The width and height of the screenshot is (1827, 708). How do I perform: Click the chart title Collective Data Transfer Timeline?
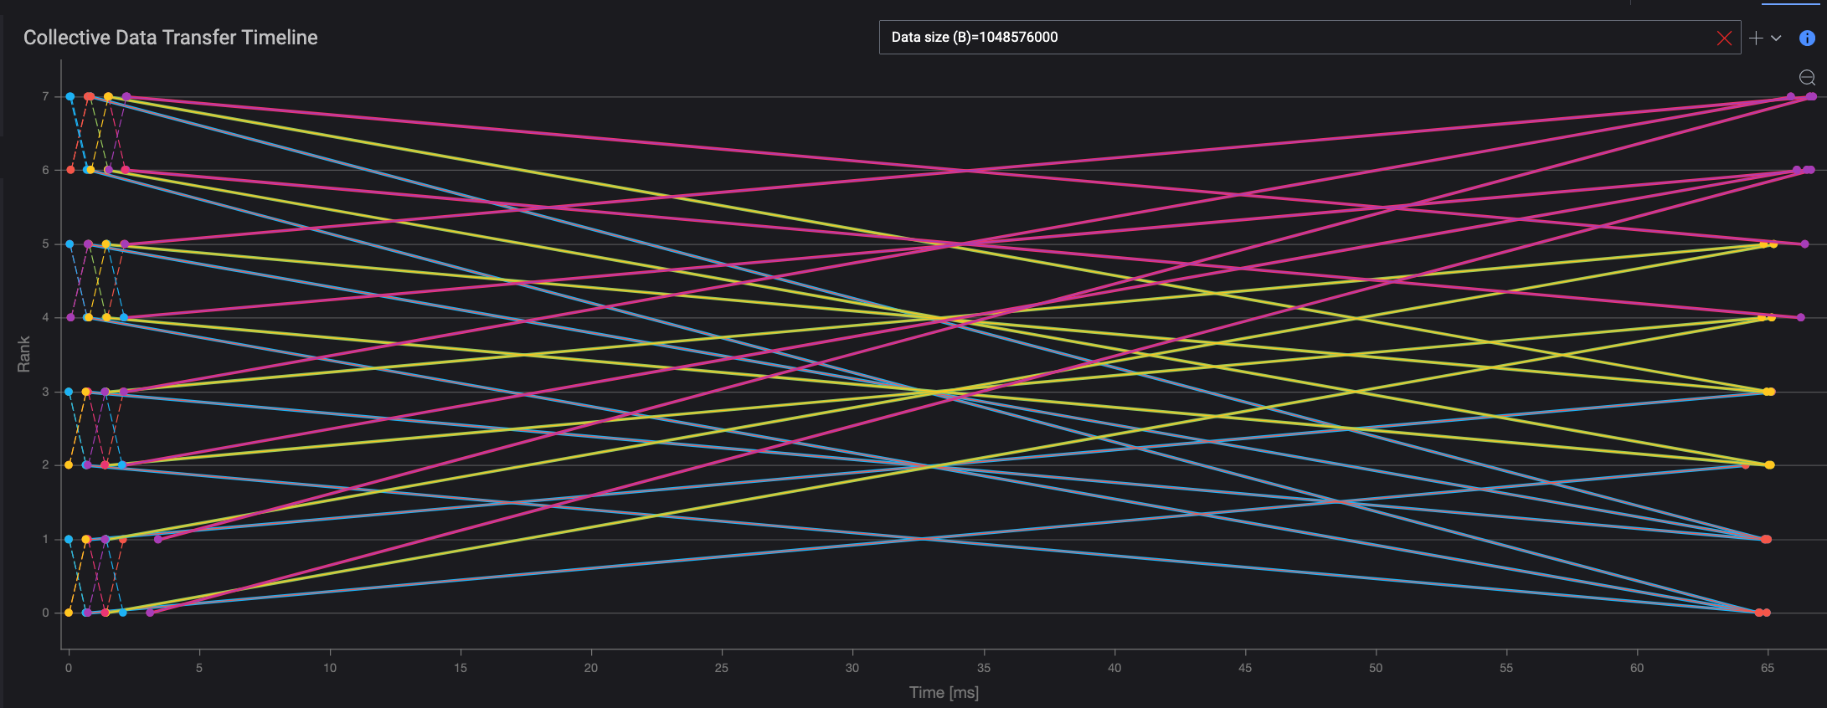170,38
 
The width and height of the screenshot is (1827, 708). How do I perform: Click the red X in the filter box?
1724,38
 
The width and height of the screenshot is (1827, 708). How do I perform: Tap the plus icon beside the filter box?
1756,38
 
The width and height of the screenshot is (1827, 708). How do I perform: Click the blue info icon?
1807,38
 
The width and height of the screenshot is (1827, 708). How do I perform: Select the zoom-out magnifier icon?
1807,78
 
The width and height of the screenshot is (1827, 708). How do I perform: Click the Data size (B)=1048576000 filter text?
974,38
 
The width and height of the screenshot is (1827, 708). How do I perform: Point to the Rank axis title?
23,354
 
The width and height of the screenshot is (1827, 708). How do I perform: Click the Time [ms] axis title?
944,693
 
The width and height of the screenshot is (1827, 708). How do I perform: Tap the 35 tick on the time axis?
983,668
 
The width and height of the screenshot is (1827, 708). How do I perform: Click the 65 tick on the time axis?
1767,668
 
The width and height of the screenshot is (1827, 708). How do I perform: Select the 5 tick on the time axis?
199,668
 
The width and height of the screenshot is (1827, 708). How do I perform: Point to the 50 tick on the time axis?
1375,668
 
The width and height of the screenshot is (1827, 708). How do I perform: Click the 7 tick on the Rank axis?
46,97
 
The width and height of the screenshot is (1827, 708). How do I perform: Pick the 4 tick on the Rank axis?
46,318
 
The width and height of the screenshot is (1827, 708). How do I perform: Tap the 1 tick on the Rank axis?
46,540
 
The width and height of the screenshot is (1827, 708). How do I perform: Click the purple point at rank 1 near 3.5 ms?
158,539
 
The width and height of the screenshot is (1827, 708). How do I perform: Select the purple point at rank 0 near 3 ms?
150,613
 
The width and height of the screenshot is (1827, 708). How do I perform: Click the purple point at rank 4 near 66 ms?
1801,317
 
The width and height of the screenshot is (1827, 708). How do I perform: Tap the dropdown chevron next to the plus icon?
1776,38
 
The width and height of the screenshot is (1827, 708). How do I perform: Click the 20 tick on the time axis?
591,668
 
